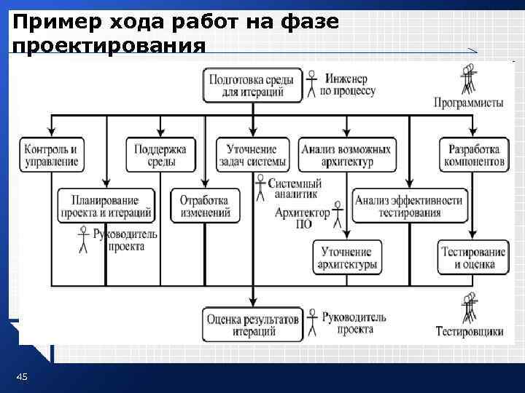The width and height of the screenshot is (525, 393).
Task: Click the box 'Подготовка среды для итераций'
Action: [x=252, y=84]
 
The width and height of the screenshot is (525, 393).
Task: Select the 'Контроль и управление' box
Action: [x=51, y=154]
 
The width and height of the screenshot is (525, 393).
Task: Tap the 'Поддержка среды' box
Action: [x=160, y=154]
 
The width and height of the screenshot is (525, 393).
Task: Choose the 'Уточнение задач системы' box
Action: [x=252, y=154]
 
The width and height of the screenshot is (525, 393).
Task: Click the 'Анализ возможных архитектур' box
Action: [x=346, y=154]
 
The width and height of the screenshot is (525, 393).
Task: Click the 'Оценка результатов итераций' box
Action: [x=252, y=324]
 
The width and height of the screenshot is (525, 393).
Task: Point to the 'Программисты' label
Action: [x=468, y=103]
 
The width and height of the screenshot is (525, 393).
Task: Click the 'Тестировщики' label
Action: [x=470, y=332]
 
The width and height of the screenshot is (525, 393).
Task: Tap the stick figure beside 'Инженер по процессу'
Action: [x=312, y=82]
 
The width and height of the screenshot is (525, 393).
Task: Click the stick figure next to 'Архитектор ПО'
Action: [x=338, y=215]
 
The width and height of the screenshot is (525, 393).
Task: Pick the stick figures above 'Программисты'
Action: [x=468, y=78]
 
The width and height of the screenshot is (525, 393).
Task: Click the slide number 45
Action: [x=22, y=376]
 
